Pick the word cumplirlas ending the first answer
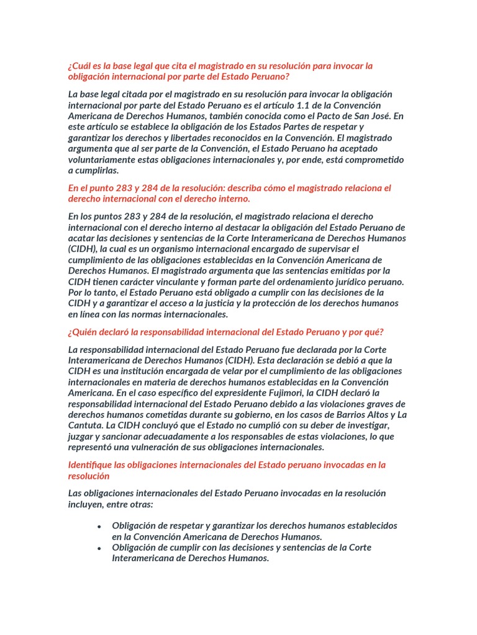click(x=96, y=171)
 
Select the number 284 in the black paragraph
click(x=163, y=216)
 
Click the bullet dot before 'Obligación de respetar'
click(x=99, y=526)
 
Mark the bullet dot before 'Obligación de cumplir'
click(x=99, y=548)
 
